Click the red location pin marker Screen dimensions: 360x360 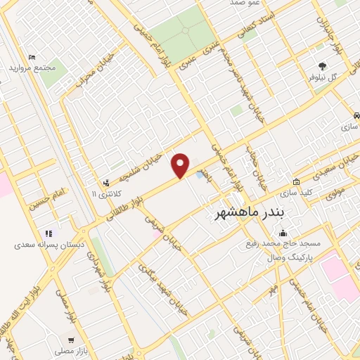[x=181, y=165]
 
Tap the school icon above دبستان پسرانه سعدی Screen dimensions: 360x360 [x=49, y=234]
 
